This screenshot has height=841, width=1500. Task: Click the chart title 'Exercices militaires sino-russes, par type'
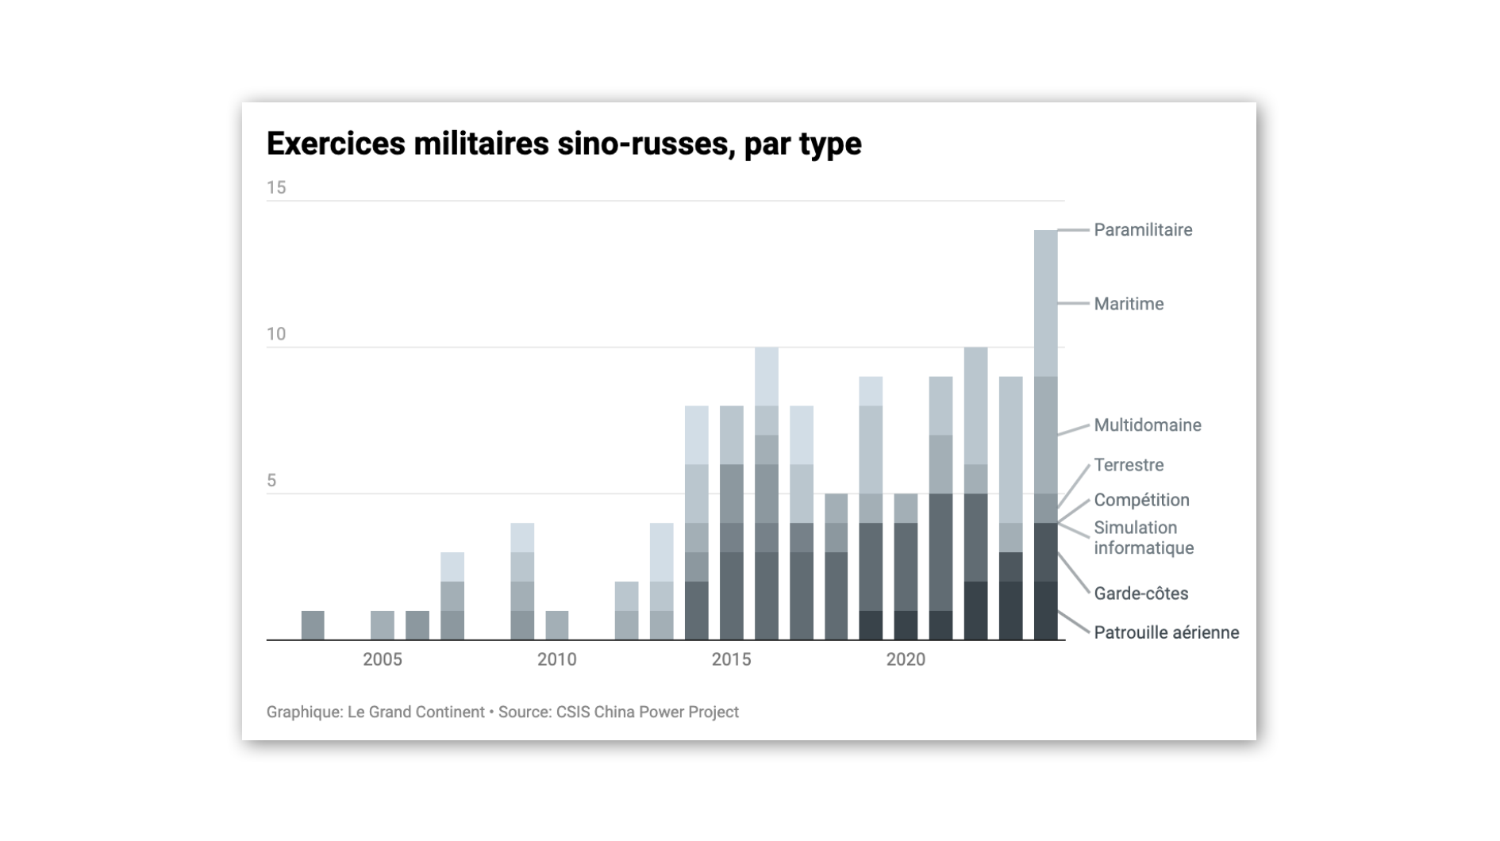[563, 144]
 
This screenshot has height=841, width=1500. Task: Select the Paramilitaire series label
[1142, 230]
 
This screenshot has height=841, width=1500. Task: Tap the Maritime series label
[1128, 304]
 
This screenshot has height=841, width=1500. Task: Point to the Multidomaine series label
[1147, 425]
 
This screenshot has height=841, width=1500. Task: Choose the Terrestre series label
[1128, 465]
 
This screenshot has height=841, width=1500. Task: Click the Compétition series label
[1140, 500]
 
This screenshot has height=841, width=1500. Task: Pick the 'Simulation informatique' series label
[1143, 538]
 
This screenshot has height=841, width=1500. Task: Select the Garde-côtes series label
[1140, 593]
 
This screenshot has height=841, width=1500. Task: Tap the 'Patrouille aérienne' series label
[1166, 632]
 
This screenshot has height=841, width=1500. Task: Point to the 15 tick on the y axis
[276, 188]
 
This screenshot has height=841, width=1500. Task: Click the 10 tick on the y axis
[276, 334]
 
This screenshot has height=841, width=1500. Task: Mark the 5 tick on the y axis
[271, 481]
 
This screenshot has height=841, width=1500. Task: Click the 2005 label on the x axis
[383, 659]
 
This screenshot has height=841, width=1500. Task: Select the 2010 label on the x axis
[556, 659]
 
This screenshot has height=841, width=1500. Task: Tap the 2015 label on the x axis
[731, 659]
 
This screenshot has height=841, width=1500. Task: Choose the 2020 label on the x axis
[906, 659]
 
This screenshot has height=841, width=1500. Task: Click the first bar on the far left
[313, 625]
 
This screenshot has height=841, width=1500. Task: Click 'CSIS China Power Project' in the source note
[647, 712]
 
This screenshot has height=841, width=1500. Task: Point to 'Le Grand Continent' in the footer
[416, 712]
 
